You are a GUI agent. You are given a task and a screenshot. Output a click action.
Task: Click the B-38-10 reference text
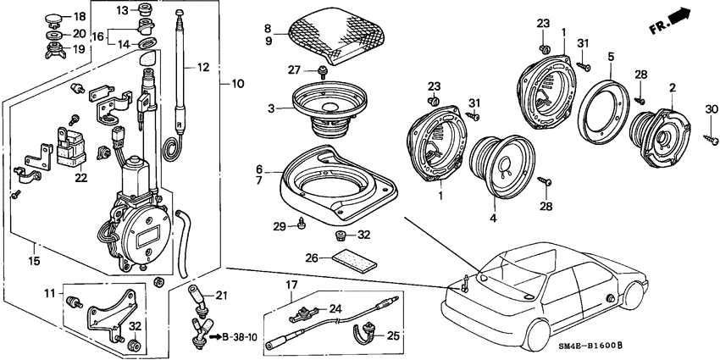tap(241, 336)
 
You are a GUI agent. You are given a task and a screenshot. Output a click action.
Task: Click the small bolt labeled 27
tap(323, 72)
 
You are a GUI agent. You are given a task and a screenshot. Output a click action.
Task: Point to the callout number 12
tap(202, 66)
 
